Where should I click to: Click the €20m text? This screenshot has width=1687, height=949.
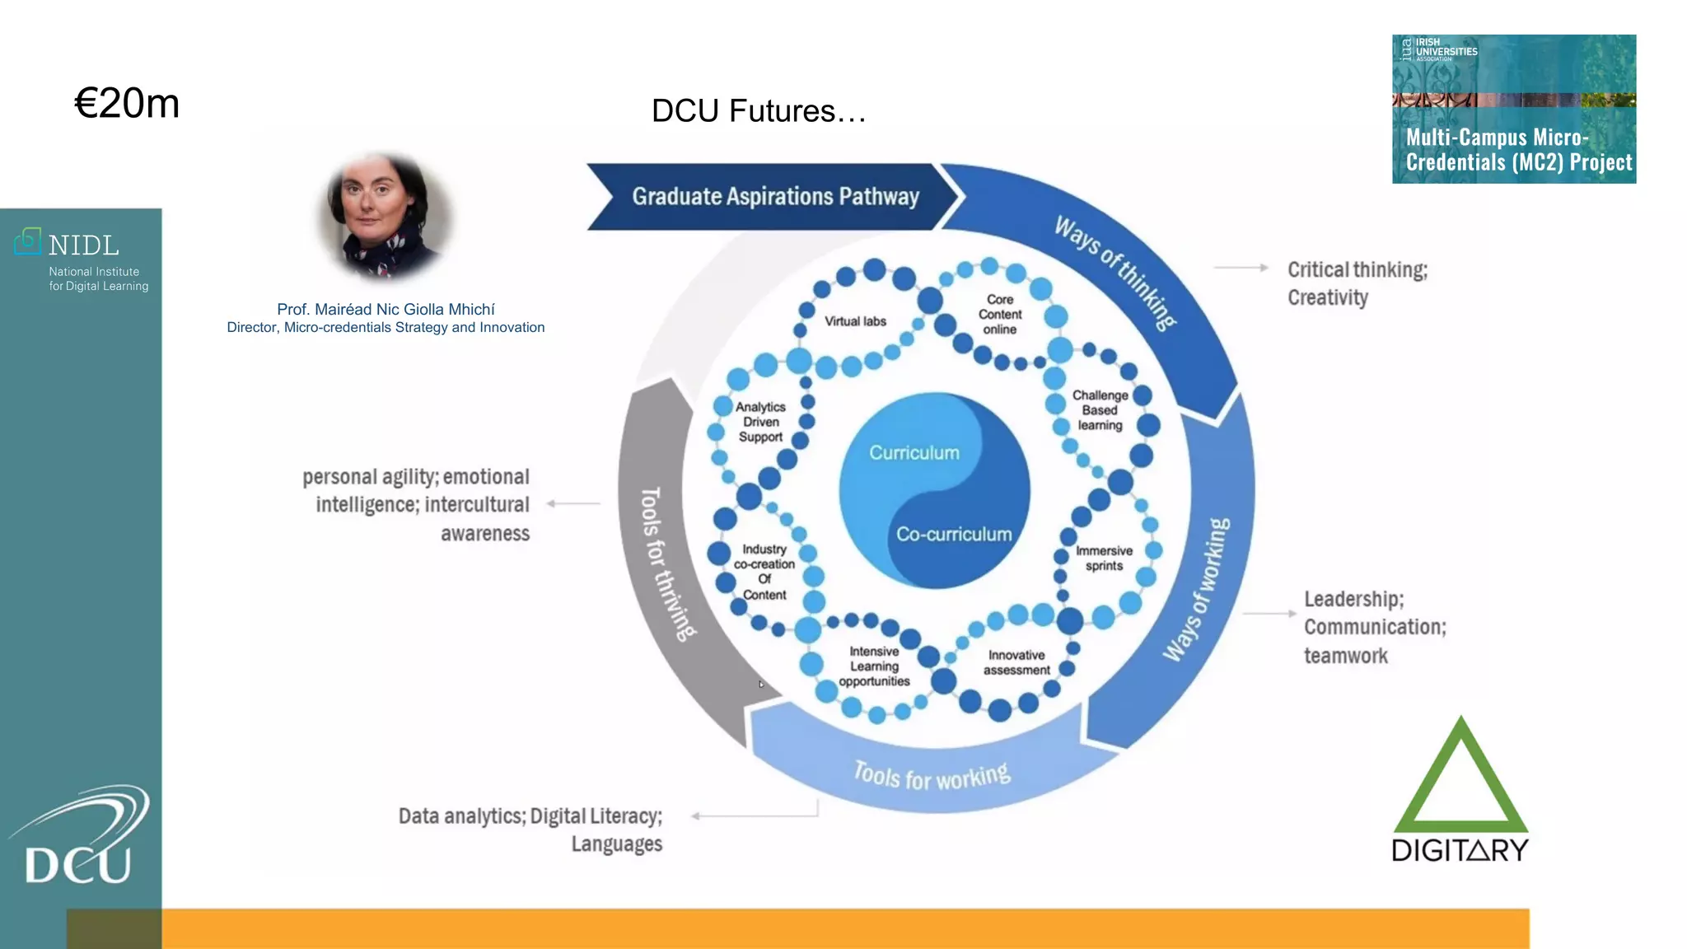point(127,104)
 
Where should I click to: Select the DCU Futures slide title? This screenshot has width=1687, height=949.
point(758,111)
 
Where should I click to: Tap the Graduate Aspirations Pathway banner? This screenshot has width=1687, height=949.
point(774,196)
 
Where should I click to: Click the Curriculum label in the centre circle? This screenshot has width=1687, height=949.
point(914,453)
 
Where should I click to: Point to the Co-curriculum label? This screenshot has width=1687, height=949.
point(954,535)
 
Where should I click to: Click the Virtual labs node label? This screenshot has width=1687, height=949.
point(855,321)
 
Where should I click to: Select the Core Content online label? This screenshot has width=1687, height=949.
point(1000,315)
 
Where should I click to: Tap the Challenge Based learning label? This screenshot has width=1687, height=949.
point(1100,410)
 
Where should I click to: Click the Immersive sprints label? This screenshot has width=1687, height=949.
point(1104,559)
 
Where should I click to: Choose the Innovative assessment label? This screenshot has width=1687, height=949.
point(1016,662)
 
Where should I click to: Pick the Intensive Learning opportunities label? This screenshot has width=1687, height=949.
point(874,666)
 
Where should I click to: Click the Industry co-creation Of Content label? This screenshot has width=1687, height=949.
point(764,572)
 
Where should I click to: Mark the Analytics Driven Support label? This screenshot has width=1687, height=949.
point(760,422)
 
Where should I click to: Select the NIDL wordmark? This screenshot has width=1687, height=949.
point(83,245)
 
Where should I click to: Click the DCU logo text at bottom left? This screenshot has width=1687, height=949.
point(78,864)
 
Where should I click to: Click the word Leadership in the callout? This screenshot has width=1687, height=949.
point(1353,599)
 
